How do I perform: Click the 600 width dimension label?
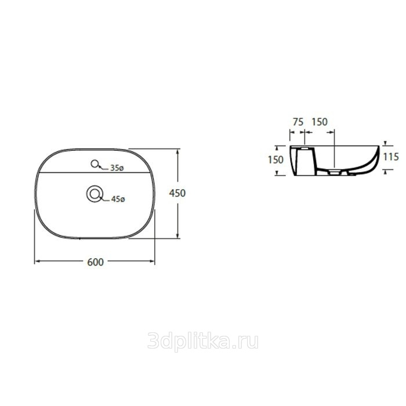point(95,262)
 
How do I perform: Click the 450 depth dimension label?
point(177,193)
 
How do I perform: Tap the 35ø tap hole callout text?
point(117,168)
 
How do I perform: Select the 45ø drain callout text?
point(118,199)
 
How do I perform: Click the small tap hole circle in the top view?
point(95,164)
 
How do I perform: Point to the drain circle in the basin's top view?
point(95,194)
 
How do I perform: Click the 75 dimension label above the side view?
point(298,122)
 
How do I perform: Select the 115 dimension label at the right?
point(391,157)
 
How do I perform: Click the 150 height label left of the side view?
point(275,159)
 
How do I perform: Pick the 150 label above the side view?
point(320,122)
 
